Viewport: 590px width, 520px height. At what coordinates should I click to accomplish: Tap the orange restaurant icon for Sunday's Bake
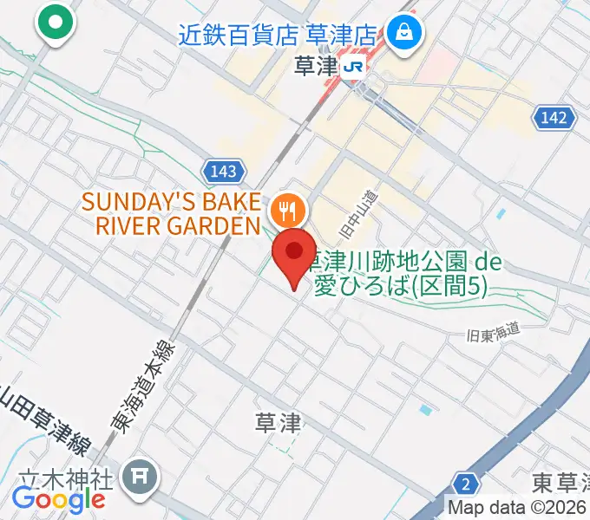click(x=286, y=209)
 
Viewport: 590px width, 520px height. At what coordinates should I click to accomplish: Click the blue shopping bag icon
click(x=404, y=35)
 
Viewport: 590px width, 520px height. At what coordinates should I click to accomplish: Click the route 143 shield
click(x=223, y=172)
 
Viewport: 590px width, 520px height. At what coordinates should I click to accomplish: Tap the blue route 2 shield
click(x=466, y=484)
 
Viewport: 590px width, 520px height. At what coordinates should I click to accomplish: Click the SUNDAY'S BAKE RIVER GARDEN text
click(x=171, y=214)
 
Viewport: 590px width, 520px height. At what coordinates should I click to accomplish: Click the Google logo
click(x=58, y=499)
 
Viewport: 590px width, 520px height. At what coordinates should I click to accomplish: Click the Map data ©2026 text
click(x=516, y=508)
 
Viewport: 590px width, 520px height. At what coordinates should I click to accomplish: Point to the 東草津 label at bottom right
click(x=560, y=481)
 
